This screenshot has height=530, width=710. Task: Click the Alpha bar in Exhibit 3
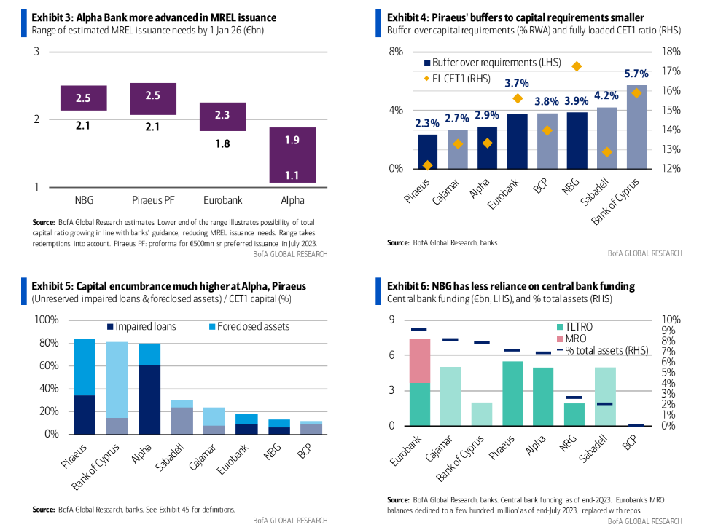tap(292, 155)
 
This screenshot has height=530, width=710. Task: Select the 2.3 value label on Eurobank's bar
tap(223, 115)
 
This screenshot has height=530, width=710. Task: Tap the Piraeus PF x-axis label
tap(153, 199)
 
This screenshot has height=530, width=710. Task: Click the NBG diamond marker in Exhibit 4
tap(577, 66)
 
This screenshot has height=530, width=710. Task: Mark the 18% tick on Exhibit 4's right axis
tap(671, 52)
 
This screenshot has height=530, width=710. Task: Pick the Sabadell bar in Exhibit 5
tap(182, 417)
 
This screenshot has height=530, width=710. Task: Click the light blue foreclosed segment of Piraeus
tap(85, 367)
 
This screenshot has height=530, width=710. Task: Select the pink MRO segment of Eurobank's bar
tap(420, 360)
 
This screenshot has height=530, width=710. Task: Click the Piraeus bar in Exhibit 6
tap(513, 393)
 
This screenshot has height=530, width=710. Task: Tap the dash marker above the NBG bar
tap(574, 397)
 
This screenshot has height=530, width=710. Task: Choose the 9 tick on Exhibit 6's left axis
tap(391, 320)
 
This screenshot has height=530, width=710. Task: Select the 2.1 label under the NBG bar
tap(83, 126)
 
